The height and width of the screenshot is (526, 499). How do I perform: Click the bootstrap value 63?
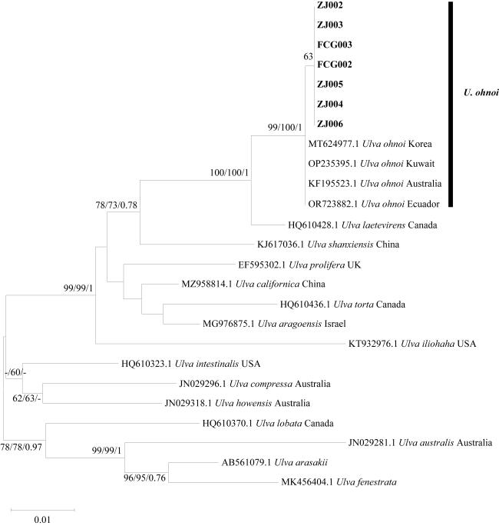coord(309,56)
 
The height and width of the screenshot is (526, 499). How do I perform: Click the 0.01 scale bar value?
coord(42,519)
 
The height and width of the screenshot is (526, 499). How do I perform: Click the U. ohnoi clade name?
coord(481,94)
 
